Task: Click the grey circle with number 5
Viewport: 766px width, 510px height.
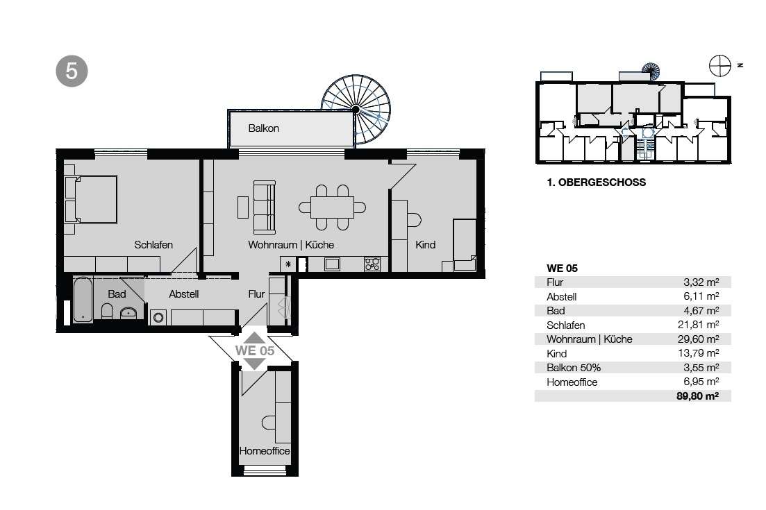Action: (72, 71)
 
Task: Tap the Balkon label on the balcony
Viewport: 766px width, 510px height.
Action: (263, 128)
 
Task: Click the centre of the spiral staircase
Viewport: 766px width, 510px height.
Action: (356, 109)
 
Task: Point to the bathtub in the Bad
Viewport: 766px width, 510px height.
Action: (83, 300)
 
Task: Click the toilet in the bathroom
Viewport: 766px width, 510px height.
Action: (107, 311)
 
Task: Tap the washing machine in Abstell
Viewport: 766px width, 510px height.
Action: (158, 318)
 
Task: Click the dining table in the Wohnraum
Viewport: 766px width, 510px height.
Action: (332, 207)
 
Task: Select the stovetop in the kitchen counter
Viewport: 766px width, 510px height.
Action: (372, 264)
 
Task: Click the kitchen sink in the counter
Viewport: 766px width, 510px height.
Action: (332, 264)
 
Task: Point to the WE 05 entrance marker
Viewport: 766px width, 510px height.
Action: (254, 350)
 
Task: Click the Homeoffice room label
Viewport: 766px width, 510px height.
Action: (265, 451)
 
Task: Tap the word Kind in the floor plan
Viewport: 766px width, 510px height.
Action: (425, 245)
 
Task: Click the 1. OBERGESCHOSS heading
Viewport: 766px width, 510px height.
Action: (596, 182)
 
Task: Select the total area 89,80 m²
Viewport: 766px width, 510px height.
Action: (698, 396)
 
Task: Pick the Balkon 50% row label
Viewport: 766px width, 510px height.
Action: (574, 368)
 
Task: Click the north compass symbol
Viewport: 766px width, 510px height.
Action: (720, 65)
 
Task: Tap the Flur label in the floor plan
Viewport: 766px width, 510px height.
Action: (256, 294)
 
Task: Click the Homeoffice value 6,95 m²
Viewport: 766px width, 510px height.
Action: (701, 382)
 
